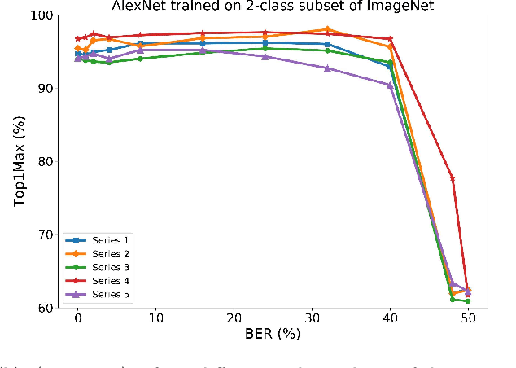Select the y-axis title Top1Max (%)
pyautogui.click(x=20, y=161)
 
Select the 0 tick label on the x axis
pyautogui.click(x=78, y=318)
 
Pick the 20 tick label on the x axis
pyautogui.click(x=234, y=318)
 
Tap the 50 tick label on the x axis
pyautogui.click(x=467, y=318)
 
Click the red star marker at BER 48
pyautogui.click(x=453, y=178)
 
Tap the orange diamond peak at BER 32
pyautogui.click(x=327, y=29)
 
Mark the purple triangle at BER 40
pyautogui.click(x=390, y=85)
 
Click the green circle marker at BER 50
pyautogui.click(x=467, y=301)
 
